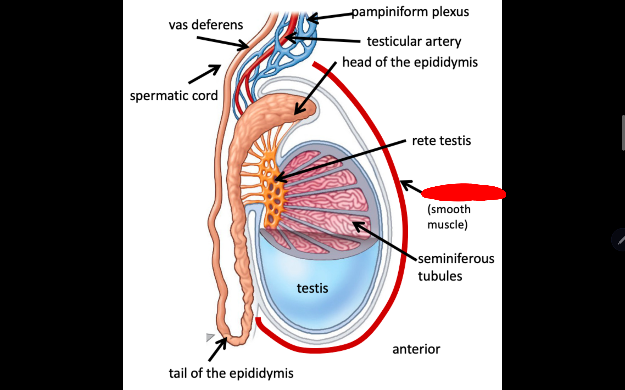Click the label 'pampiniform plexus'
click(410, 12)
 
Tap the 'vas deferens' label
click(206, 25)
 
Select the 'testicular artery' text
click(414, 41)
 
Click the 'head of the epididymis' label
click(410, 62)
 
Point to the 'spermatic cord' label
click(174, 96)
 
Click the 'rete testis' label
click(441, 141)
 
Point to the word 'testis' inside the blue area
click(312, 288)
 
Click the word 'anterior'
click(416, 349)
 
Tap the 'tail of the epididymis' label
click(231, 373)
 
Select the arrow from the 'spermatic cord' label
click(205, 74)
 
